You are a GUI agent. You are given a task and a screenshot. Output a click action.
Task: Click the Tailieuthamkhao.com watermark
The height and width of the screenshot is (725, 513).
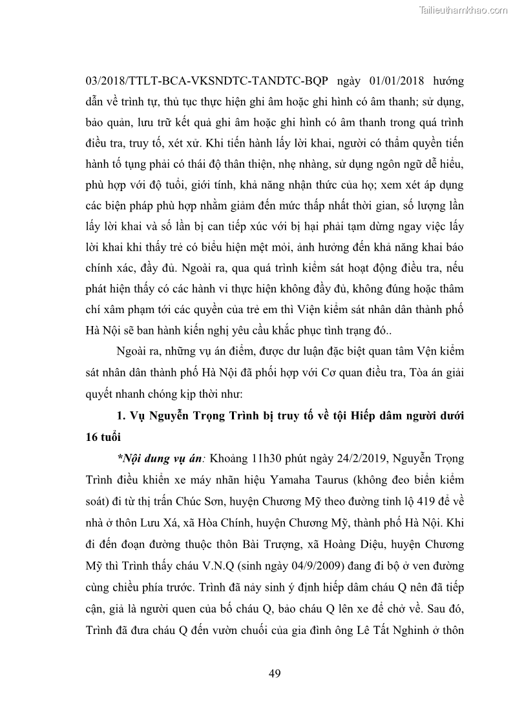pos(464,10)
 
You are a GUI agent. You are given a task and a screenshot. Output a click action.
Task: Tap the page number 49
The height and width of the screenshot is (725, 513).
pos(275,674)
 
